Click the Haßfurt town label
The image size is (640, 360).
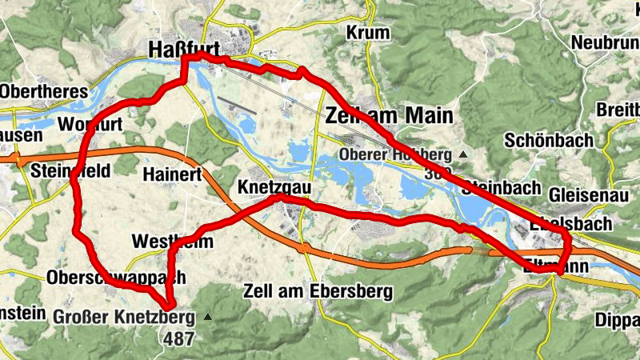pos(183,50)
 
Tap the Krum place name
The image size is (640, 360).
pos(368,33)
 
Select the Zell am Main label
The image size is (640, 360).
pos(389,116)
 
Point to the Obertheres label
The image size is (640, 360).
pos(44,91)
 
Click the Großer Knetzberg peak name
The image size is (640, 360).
pos(124,317)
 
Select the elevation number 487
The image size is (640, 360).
pos(178,338)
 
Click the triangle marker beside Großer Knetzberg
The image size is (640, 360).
pos(208,317)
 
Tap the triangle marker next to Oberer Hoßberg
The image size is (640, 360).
pos(462,154)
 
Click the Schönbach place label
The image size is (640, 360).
pos(549,140)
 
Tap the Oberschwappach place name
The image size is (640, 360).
pos(117,278)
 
